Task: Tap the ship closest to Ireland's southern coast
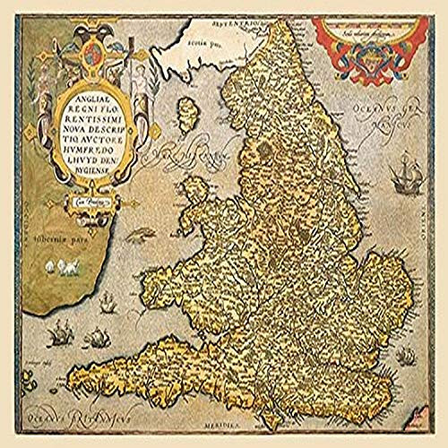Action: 57,334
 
